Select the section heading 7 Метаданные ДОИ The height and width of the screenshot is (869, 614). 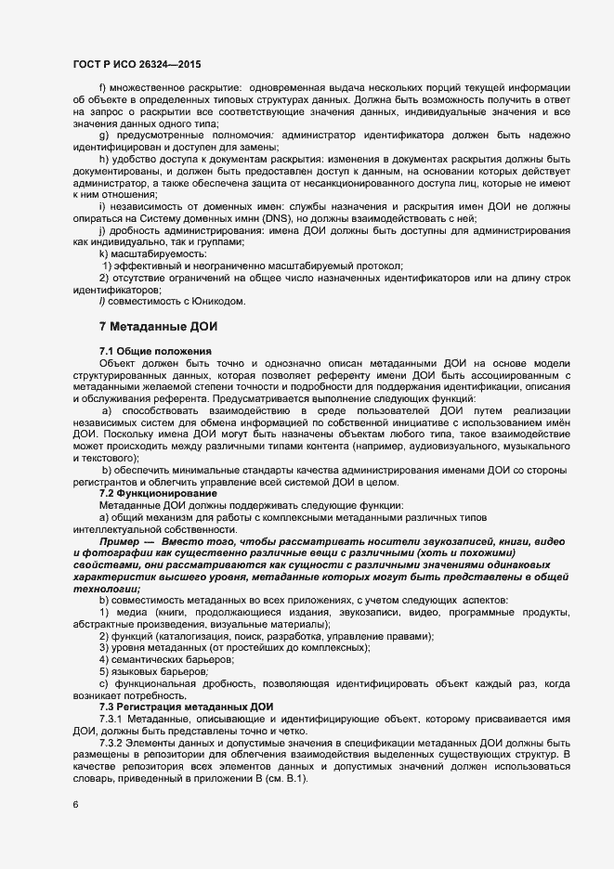(158, 326)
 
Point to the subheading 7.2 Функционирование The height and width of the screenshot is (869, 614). (156, 492)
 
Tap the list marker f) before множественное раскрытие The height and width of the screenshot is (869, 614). (102, 87)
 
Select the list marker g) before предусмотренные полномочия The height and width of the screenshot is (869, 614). (103, 135)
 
